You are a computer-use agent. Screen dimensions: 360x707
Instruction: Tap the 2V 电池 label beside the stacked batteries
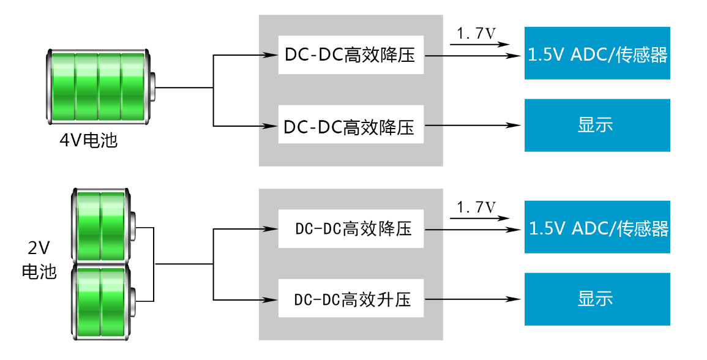tap(39, 260)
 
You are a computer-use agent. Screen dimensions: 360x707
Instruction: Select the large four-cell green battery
tap(98, 88)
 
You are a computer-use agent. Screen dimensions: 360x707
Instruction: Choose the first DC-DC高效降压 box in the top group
tap(351, 55)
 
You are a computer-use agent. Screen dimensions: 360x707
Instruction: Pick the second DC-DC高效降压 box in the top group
tap(351, 127)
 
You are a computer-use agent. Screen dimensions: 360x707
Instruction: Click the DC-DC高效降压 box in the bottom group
tap(351, 230)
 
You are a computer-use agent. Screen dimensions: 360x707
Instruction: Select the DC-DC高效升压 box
tap(351, 300)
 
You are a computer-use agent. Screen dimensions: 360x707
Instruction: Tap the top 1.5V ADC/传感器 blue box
tap(597, 54)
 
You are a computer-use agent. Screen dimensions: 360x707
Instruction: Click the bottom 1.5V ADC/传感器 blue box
tap(597, 228)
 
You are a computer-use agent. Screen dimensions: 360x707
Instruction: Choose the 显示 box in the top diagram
tap(597, 126)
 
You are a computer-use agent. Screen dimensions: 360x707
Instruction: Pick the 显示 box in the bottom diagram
tap(597, 299)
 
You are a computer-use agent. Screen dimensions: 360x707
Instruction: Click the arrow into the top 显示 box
tap(473, 126)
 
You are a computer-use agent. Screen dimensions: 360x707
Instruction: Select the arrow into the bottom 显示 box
tap(473, 299)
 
